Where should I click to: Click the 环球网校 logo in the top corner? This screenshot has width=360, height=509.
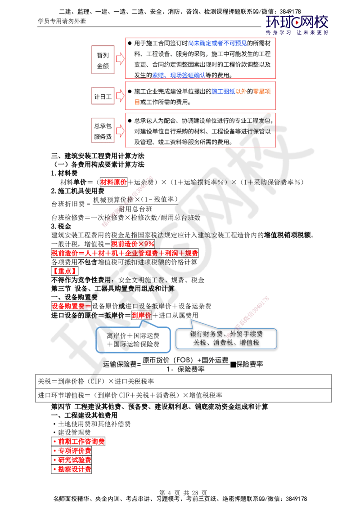(x=297, y=25)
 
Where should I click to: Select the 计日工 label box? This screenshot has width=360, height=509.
(x=103, y=96)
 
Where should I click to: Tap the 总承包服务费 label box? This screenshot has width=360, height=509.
(x=103, y=129)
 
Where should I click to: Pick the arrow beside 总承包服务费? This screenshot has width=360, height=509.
(x=120, y=130)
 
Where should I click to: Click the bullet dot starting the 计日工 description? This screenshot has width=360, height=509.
(x=129, y=91)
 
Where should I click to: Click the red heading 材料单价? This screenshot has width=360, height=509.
(x=113, y=182)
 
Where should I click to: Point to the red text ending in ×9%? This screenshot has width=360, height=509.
(x=133, y=243)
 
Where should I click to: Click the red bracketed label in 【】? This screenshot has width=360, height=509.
(x=65, y=271)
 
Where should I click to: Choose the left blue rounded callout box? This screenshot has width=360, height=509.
(x=135, y=339)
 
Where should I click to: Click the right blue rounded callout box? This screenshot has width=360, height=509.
(x=226, y=338)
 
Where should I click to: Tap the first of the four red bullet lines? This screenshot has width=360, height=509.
(x=78, y=442)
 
